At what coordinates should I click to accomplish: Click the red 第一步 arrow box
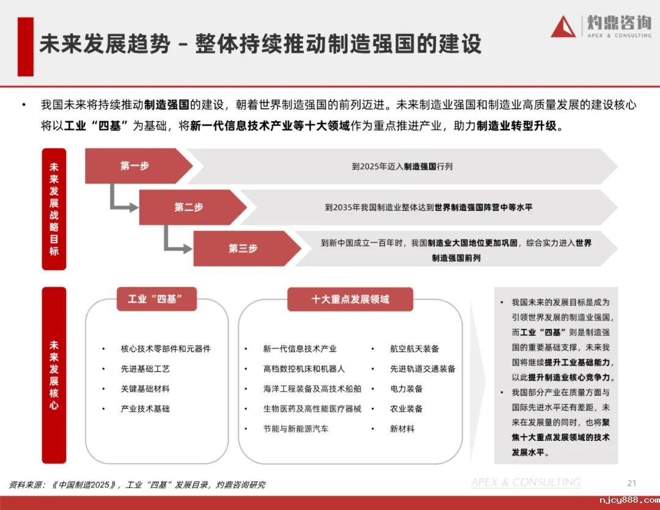click(x=136, y=166)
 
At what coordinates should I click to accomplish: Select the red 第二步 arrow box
click(x=189, y=207)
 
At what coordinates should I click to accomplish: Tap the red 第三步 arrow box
click(x=243, y=248)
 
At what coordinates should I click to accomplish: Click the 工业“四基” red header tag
click(x=156, y=299)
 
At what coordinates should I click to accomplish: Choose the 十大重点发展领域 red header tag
click(x=350, y=299)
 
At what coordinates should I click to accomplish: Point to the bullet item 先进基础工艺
click(x=145, y=369)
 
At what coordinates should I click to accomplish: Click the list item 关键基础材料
click(x=145, y=389)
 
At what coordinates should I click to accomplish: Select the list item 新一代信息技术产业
click(x=299, y=349)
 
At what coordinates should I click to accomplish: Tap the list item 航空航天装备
click(x=414, y=349)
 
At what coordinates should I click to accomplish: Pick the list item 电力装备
click(x=406, y=389)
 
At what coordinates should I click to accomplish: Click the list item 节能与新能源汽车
click(x=295, y=429)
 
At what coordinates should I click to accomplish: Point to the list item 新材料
click(x=402, y=429)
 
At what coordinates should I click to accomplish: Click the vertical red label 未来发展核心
click(x=54, y=375)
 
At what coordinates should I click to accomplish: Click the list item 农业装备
click(x=406, y=408)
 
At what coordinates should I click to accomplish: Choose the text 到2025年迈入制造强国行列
click(x=402, y=166)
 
